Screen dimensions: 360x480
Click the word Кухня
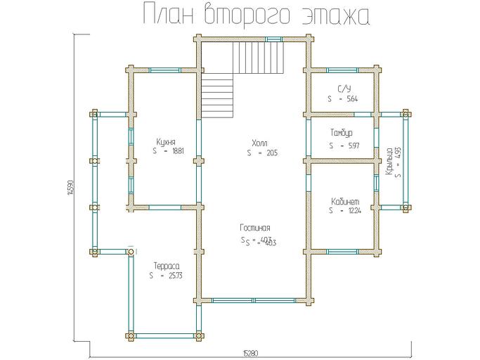tap(167, 141)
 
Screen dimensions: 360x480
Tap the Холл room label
tap(259, 142)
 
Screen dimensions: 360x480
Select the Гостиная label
tap(255, 228)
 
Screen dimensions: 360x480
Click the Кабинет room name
tap(345, 200)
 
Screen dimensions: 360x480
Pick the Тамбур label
tap(341, 133)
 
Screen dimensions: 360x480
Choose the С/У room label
tap(344, 89)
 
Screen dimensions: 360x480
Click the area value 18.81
tap(178, 151)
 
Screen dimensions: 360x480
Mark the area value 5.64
tap(352, 99)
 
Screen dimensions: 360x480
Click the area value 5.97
tap(353, 146)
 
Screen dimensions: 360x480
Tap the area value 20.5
tap(271, 153)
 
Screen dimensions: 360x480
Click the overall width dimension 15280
tap(250, 352)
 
